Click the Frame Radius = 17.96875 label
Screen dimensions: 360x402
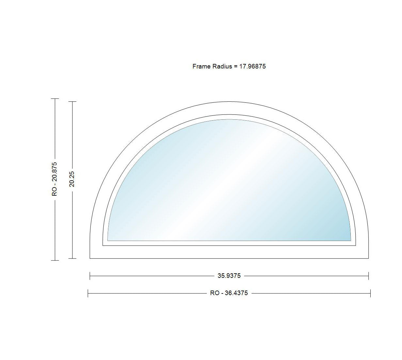[229, 67]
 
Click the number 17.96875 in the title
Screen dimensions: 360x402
[253, 67]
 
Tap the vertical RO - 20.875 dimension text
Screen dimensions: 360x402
[54, 179]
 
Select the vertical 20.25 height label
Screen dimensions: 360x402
[72, 179]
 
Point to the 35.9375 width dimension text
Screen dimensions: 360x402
[229, 276]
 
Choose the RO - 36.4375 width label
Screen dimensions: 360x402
[229, 293]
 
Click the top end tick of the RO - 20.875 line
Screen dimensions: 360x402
[55, 98]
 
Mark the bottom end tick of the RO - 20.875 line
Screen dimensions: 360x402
[55, 260]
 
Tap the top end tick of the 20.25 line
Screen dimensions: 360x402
[72, 102]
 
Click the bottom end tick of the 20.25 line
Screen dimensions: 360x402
[72, 259]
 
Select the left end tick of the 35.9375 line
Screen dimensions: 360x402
[90, 276]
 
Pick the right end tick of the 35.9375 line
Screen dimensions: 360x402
[369, 276]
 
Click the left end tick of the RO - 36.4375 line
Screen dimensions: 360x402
[88, 293]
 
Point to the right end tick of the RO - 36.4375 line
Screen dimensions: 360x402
[370, 293]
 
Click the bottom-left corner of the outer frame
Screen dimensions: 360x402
[90, 258]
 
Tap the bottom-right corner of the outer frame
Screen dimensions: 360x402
[369, 258]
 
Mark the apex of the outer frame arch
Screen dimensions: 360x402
[229, 102]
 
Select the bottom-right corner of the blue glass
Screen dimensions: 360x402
[351, 240]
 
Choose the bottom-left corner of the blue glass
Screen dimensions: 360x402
[108, 240]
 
